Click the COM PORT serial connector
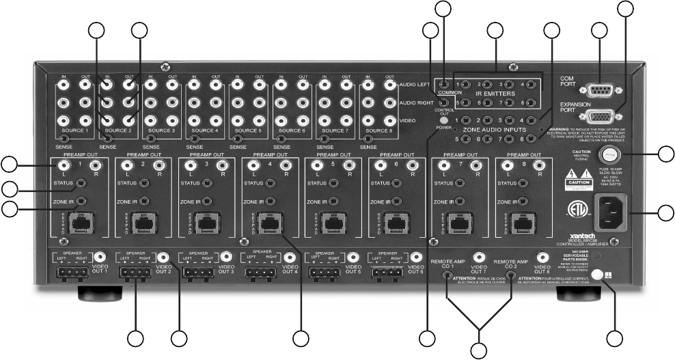pyautogui.click(x=601, y=89)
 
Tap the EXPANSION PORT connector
pyautogui.click(x=601, y=116)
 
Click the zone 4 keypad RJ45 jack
pyautogui.click(x=269, y=221)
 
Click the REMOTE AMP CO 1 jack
pyautogui.click(x=447, y=278)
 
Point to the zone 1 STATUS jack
pyautogui.click(x=81, y=183)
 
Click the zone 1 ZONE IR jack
pyautogui.click(x=81, y=201)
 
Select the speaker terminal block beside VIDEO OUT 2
pyautogui.click(x=135, y=273)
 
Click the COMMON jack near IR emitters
pyautogui.click(x=445, y=85)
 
